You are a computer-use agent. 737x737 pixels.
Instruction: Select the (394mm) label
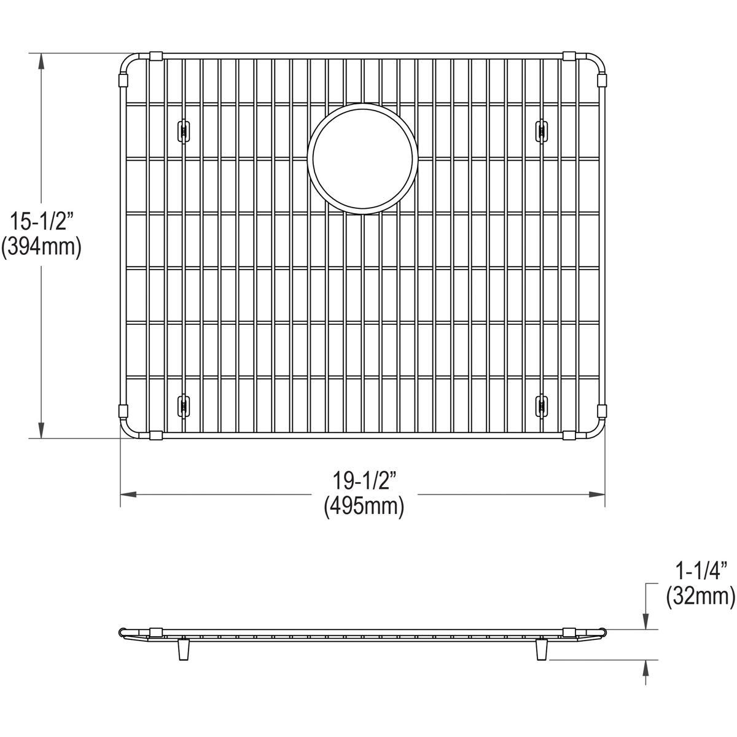pyautogui.click(x=41, y=248)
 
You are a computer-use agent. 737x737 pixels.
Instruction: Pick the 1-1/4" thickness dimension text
pyautogui.click(x=700, y=572)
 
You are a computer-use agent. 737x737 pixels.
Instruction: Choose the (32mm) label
pyautogui.click(x=700, y=595)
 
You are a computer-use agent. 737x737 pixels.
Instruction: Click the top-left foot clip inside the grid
pyautogui.click(x=182, y=130)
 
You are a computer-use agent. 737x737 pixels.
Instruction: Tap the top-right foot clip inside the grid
pyautogui.click(x=542, y=128)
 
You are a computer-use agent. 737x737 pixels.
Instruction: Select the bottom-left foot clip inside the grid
pyautogui.click(x=182, y=405)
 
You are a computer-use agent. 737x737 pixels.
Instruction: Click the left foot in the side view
pyautogui.click(x=183, y=650)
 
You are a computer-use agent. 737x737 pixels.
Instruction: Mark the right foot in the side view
pyautogui.click(x=541, y=650)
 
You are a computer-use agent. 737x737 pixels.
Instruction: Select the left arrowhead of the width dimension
pyautogui.click(x=128, y=494)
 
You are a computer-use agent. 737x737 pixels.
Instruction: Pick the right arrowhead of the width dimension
pyautogui.click(x=598, y=494)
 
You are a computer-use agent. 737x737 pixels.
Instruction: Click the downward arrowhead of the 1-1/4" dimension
pyautogui.click(x=646, y=621)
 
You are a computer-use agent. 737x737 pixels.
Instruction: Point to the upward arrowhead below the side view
pyautogui.click(x=646, y=667)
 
